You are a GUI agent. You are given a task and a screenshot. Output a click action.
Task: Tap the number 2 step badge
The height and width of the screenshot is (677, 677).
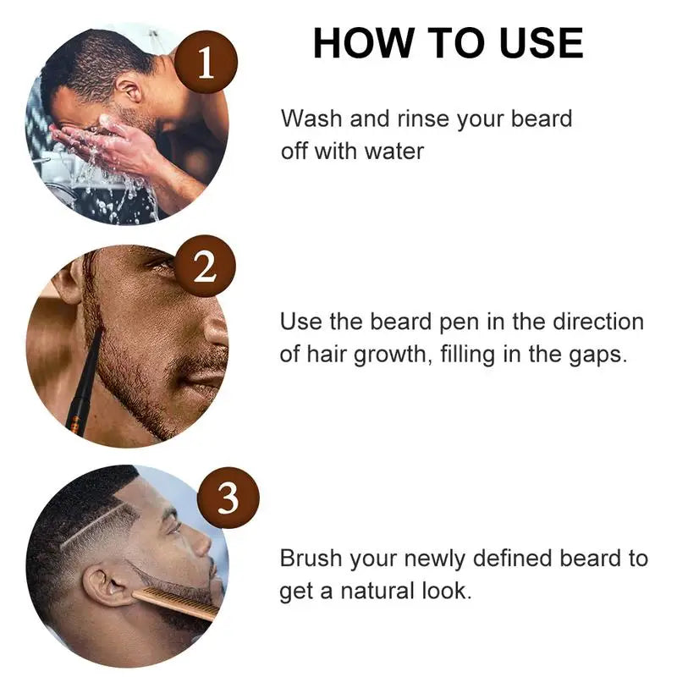[205, 269]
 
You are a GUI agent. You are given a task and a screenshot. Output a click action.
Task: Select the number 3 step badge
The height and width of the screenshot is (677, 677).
[229, 499]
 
